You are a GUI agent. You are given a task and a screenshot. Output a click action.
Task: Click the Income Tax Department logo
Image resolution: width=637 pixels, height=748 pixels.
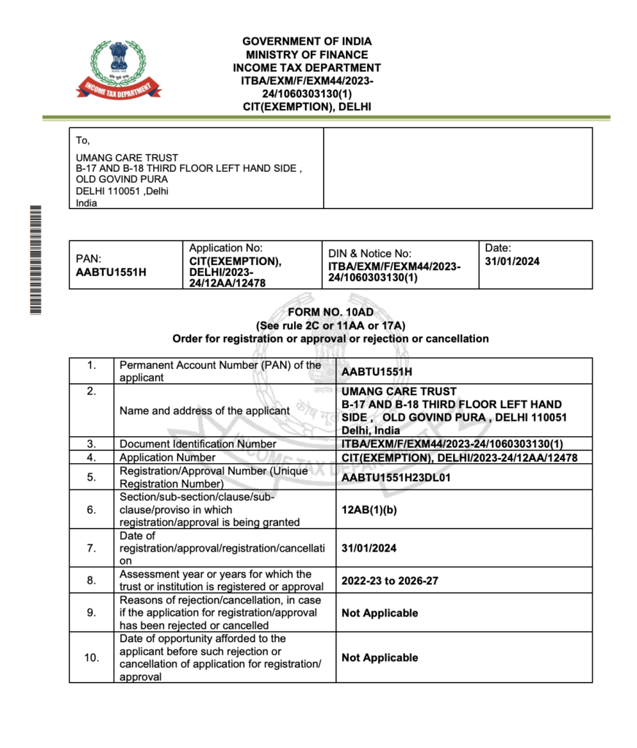(119, 70)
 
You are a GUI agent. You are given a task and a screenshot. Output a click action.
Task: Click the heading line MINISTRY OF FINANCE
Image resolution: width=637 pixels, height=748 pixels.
(306, 55)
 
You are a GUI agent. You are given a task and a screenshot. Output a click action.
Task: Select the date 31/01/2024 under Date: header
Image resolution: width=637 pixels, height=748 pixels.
(512, 262)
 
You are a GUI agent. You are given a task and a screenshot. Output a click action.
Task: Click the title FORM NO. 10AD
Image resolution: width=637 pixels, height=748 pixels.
(331, 313)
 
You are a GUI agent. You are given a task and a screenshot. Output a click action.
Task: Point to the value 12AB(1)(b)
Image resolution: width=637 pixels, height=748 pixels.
(370, 510)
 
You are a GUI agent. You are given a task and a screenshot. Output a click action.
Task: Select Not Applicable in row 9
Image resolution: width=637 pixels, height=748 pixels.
(379, 613)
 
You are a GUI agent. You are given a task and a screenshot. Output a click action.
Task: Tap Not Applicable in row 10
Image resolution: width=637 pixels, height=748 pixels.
(379, 657)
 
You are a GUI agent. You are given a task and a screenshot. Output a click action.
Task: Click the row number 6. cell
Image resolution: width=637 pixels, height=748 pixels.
(92, 510)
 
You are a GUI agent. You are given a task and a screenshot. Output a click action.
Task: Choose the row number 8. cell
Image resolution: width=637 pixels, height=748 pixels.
(92, 581)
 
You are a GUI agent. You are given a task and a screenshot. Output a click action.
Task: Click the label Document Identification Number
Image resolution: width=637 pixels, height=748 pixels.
(198, 443)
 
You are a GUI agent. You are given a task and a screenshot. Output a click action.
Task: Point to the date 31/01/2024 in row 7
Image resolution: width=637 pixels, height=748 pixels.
(369, 548)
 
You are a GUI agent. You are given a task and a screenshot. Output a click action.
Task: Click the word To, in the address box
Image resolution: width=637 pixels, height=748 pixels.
(83, 140)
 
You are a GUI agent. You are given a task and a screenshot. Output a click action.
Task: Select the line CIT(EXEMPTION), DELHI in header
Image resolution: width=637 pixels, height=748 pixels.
(306, 107)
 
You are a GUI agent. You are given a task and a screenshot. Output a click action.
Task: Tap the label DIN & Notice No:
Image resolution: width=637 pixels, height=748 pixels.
(370, 253)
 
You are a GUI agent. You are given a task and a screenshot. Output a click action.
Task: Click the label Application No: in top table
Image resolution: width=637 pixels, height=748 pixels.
(225, 248)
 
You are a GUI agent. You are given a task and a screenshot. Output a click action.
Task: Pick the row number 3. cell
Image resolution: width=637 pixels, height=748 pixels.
(92, 443)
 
